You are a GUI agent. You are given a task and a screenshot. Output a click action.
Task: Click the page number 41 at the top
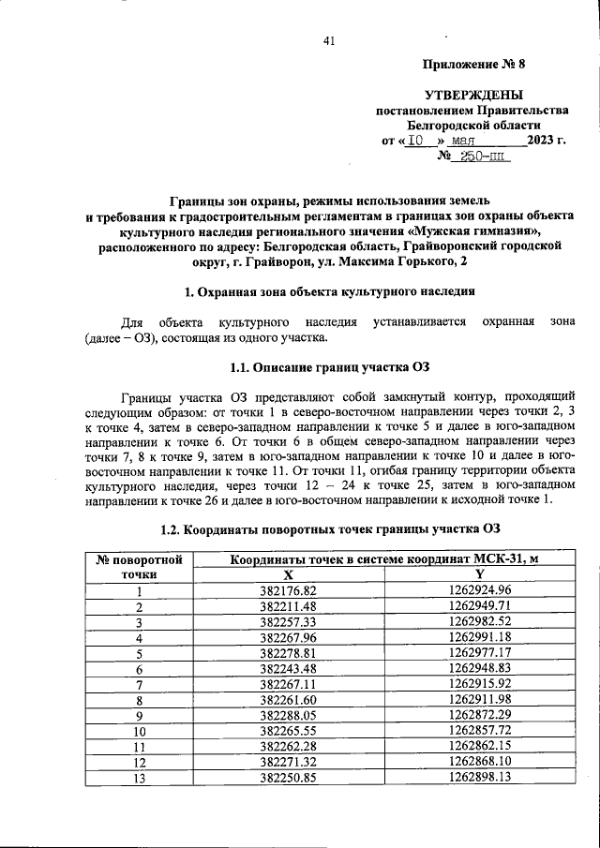(328, 40)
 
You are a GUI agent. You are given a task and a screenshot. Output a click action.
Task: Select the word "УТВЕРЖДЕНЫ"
(473, 95)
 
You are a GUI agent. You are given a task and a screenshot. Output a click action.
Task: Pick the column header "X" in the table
(289, 574)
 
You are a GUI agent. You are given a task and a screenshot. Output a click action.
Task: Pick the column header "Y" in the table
(479, 574)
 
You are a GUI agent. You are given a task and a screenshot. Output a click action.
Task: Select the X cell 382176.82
(289, 590)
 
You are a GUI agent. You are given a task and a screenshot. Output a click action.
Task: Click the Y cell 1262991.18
(479, 638)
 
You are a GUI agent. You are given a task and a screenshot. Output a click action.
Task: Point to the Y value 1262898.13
(479, 777)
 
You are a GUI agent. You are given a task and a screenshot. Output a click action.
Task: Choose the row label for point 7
(140, 685)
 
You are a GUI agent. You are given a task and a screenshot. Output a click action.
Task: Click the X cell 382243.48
(289, 669)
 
